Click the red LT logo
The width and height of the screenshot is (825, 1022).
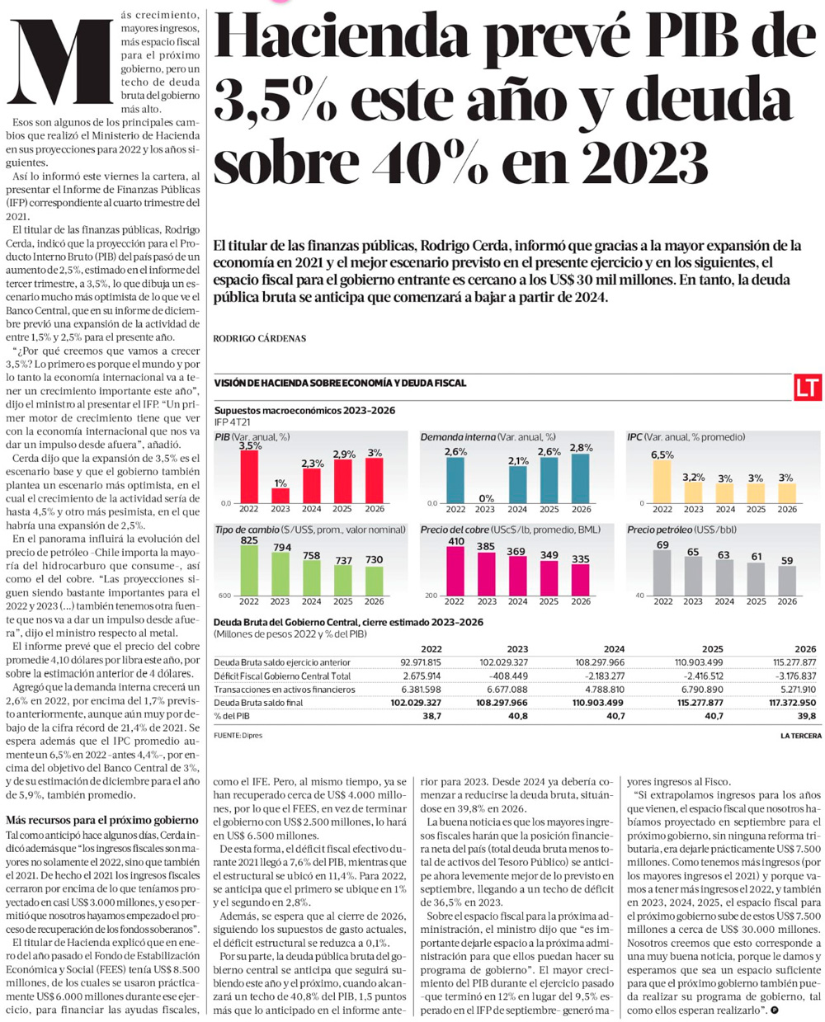coord(808,387)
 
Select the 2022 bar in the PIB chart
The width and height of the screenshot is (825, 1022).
coord(249,477)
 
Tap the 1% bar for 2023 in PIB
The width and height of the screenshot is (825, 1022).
coord(280,496)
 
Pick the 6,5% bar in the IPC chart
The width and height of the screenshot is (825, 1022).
coord(662,482)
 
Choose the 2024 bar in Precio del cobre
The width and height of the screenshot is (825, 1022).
coord(516,576)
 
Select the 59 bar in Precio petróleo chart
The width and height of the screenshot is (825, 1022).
coord(787,581)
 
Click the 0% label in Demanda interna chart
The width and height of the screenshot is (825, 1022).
coord(487,498)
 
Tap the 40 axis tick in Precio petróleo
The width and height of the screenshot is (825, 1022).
coord(639,596)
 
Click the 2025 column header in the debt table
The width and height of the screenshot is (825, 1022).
coord(712,649)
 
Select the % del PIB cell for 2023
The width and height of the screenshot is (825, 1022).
coord(518,716)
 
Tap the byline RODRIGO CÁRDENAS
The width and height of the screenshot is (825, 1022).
coord(259,338)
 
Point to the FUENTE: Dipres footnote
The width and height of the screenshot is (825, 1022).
coord(238,735)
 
